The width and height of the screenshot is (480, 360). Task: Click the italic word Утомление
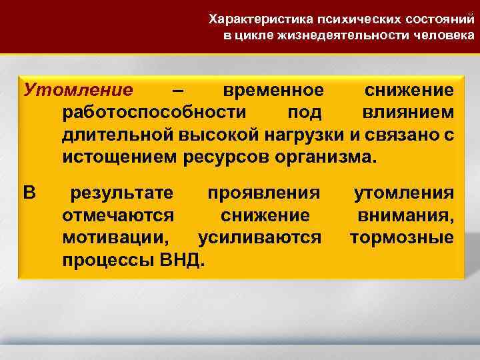click(77, 91)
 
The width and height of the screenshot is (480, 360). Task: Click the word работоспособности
click(154, 113)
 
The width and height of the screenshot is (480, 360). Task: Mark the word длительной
click(118, 135)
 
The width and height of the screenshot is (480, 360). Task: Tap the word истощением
click(119, 158)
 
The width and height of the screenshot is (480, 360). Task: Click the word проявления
click(264, 194)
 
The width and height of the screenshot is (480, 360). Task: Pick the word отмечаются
click(119, 216)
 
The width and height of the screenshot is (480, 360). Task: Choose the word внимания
click(405, 216)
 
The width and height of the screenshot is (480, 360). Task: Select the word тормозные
click(402, 238)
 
